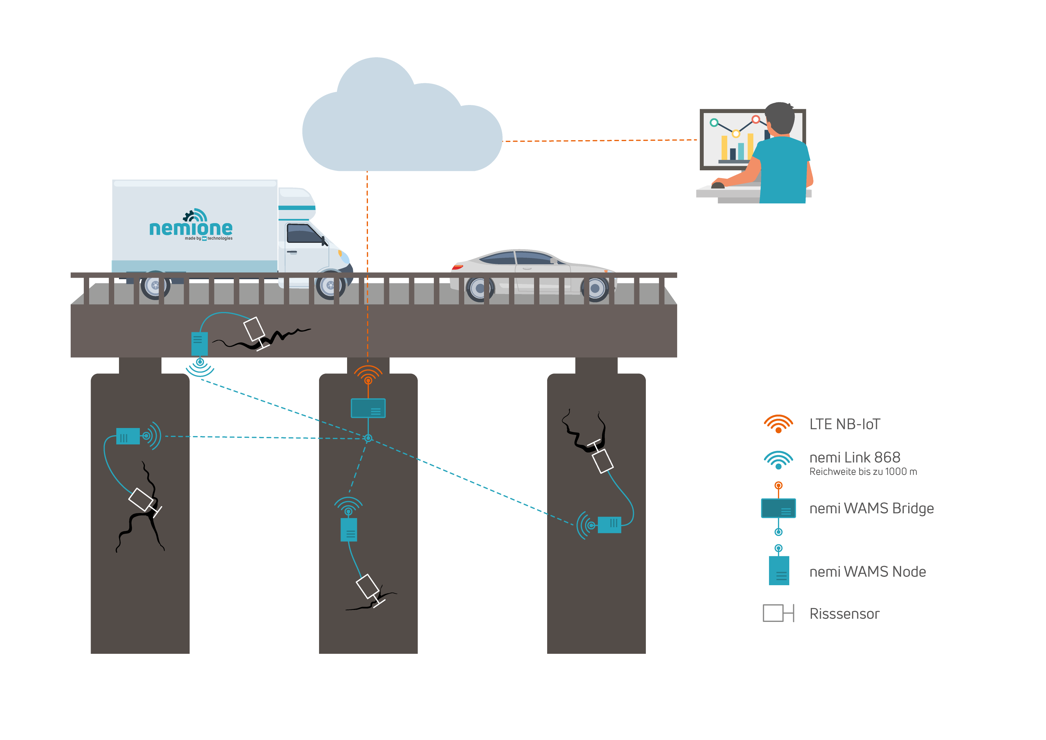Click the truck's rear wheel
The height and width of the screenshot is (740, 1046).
(x=155, y=285)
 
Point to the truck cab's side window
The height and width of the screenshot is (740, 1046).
(x=303, y=234)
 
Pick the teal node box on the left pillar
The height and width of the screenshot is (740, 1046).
(x=128, y=436)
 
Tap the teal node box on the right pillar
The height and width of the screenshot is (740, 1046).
(x=609, y=524)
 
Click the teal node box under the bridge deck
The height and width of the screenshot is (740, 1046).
(x=199, y=344)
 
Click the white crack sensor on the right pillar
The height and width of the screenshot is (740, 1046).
(x=602, y=461)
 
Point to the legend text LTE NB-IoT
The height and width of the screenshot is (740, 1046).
(x=844, y=424)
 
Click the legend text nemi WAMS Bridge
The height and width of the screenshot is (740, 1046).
(x=871, y=508)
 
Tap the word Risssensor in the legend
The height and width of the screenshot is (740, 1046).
(x=844, y=614)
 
